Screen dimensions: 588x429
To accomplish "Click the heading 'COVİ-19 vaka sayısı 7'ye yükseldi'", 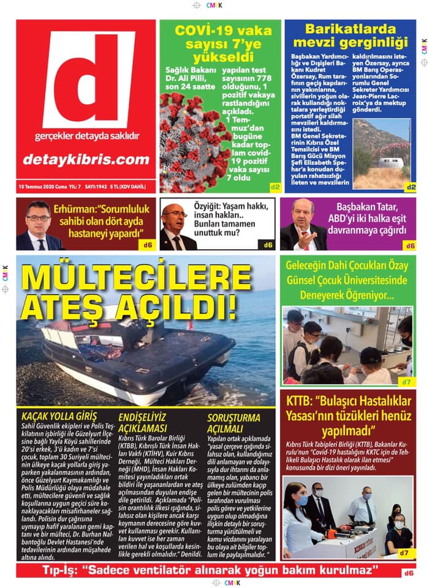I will pos(219,43).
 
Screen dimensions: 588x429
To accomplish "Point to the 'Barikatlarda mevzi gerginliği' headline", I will pos(350,36).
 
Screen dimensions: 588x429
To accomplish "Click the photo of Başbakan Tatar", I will pos(303,225).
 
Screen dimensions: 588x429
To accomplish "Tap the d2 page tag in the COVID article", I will pos(275,187).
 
